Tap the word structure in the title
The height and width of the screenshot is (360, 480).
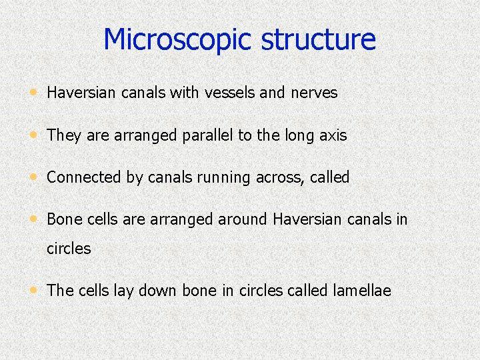pyautogui.click(x=319, y=39)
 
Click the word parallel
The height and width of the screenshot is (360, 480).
pyautogui.click(x=202, y=135)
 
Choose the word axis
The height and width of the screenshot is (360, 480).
pyautogui.click(x=333, y=135)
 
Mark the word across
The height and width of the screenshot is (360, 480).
pyautogui.click(x=281, y=177)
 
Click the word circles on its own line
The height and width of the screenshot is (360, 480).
pyautogui.click(x=69, y=249)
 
